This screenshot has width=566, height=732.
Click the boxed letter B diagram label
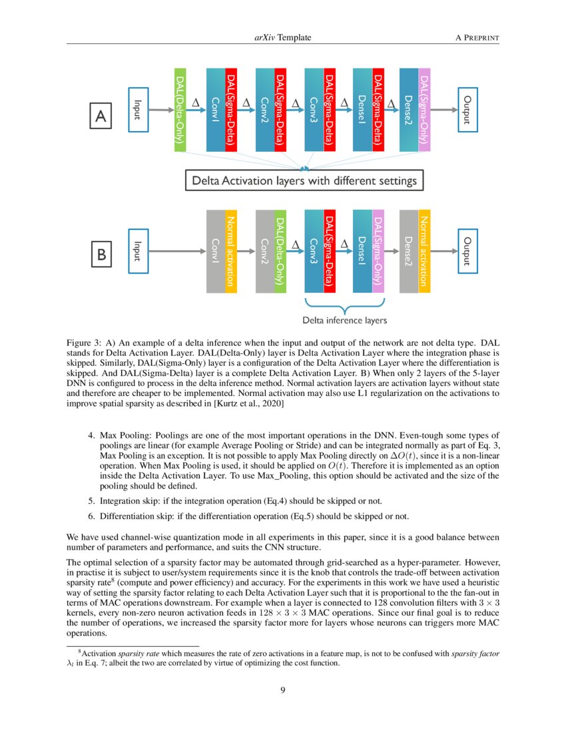coord(101,254)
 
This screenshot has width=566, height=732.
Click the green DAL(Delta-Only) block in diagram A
coord(180,110)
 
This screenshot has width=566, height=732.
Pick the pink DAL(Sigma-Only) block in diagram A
coord(424,110)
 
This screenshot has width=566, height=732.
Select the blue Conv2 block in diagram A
coord(265,110)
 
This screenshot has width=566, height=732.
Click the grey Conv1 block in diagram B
coord(216,251)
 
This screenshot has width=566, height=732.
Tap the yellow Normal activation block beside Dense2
coord(424,251)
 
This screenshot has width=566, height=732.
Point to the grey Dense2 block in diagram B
coord(408,251)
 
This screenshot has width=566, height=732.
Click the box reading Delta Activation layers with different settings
coord(304,180)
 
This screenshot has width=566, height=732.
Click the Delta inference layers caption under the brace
coord(344,321)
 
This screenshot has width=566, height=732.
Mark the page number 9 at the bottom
coord(283,690)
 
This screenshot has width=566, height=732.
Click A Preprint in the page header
coord(477,38)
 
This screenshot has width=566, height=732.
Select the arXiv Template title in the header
coord(282,38)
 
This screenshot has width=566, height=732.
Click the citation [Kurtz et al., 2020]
coord(246,404)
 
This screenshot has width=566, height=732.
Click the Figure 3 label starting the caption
coord(85,341)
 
